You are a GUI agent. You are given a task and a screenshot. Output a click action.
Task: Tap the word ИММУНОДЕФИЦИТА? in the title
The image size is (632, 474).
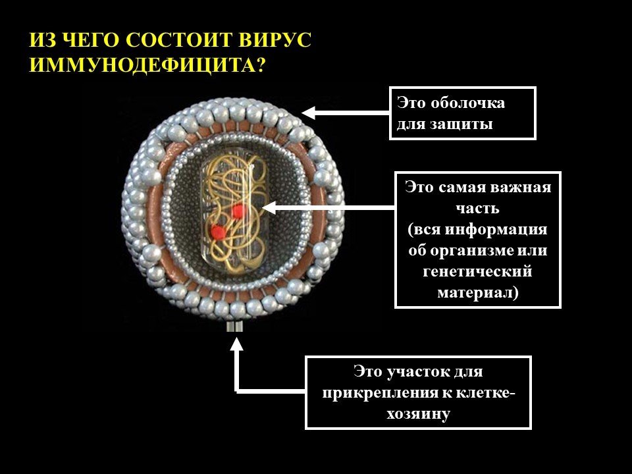[x=147, y=65]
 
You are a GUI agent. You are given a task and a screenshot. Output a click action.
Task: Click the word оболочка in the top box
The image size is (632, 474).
[x=467, y=103]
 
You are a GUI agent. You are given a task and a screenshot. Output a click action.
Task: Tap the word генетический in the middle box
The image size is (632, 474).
[x=478, y=272]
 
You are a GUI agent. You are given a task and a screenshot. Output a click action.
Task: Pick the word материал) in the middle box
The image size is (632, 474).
[x=478, y=292]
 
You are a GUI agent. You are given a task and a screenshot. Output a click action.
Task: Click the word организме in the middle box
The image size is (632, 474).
[x=467, y=251]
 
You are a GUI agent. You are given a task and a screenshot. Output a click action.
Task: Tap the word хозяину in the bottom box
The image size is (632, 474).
[x=419, y=414]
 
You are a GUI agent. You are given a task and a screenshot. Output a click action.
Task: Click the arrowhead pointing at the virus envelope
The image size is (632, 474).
[x=308, y=113]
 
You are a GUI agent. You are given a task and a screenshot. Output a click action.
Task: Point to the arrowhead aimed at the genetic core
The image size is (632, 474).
[x=269, y=207]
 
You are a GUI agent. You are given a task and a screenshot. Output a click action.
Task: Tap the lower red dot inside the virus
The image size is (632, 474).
[x=218, y=232]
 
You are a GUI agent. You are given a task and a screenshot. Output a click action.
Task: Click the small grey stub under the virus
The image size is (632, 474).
[x=234, y=326]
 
